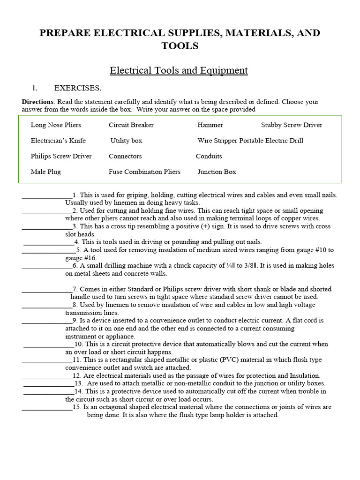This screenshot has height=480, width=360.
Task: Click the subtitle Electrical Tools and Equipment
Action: [179, 71]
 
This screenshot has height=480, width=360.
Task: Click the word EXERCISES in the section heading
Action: [77, 88]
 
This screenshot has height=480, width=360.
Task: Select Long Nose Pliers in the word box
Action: [56, 125]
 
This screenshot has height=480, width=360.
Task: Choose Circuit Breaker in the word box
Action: [131, 125]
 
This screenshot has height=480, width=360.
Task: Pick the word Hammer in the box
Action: [210, 125]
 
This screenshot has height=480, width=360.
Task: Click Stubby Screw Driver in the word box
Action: [292, 125]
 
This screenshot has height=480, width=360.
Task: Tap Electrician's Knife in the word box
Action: [58, 141]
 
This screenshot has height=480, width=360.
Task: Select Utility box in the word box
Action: [127, 141]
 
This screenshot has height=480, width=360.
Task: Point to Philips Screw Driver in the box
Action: [61, 156]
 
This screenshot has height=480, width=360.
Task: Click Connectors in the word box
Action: [125, 156]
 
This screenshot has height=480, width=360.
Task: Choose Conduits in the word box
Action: [209, 156]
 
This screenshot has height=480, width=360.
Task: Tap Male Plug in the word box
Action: [46, 172]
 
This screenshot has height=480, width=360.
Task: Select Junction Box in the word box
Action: [217, 172]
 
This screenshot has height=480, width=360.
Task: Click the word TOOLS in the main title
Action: [180, 45]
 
